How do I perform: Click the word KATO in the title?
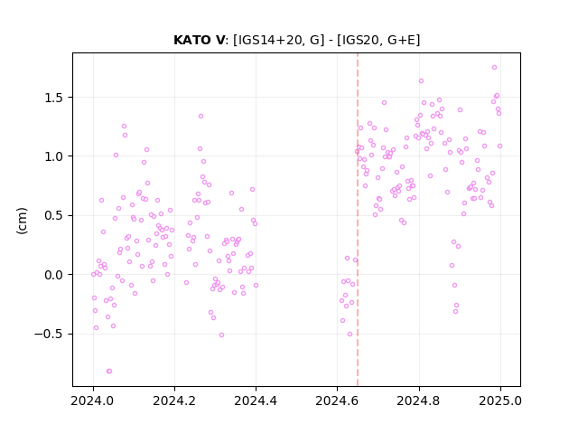click(x=191, y=40)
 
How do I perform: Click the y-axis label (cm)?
click(x=22, y=221)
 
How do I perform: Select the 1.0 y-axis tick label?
click(x=54, y=156)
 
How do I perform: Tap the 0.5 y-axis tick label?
click(x=54, y=216)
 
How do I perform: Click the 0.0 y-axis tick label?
click(x=54, y=275)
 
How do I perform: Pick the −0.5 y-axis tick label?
click(x=49, y=334)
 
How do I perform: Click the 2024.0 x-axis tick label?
click(x=93, y=401)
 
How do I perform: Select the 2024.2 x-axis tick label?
click(x=174, y=401)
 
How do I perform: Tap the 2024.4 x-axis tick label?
click(x=256, y=401)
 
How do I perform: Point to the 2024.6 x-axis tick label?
click(x=337, y=401)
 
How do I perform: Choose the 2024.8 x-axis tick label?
click(x=418, y=401)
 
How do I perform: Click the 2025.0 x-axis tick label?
click(x=500, y=401)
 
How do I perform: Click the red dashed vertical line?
click(x=358, y=220)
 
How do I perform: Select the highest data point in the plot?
click(x=494, y=67)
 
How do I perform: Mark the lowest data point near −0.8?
click(x=109, y=372)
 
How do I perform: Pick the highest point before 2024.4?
click(x=200, y=117)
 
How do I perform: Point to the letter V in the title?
click(x=219, y=40)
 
